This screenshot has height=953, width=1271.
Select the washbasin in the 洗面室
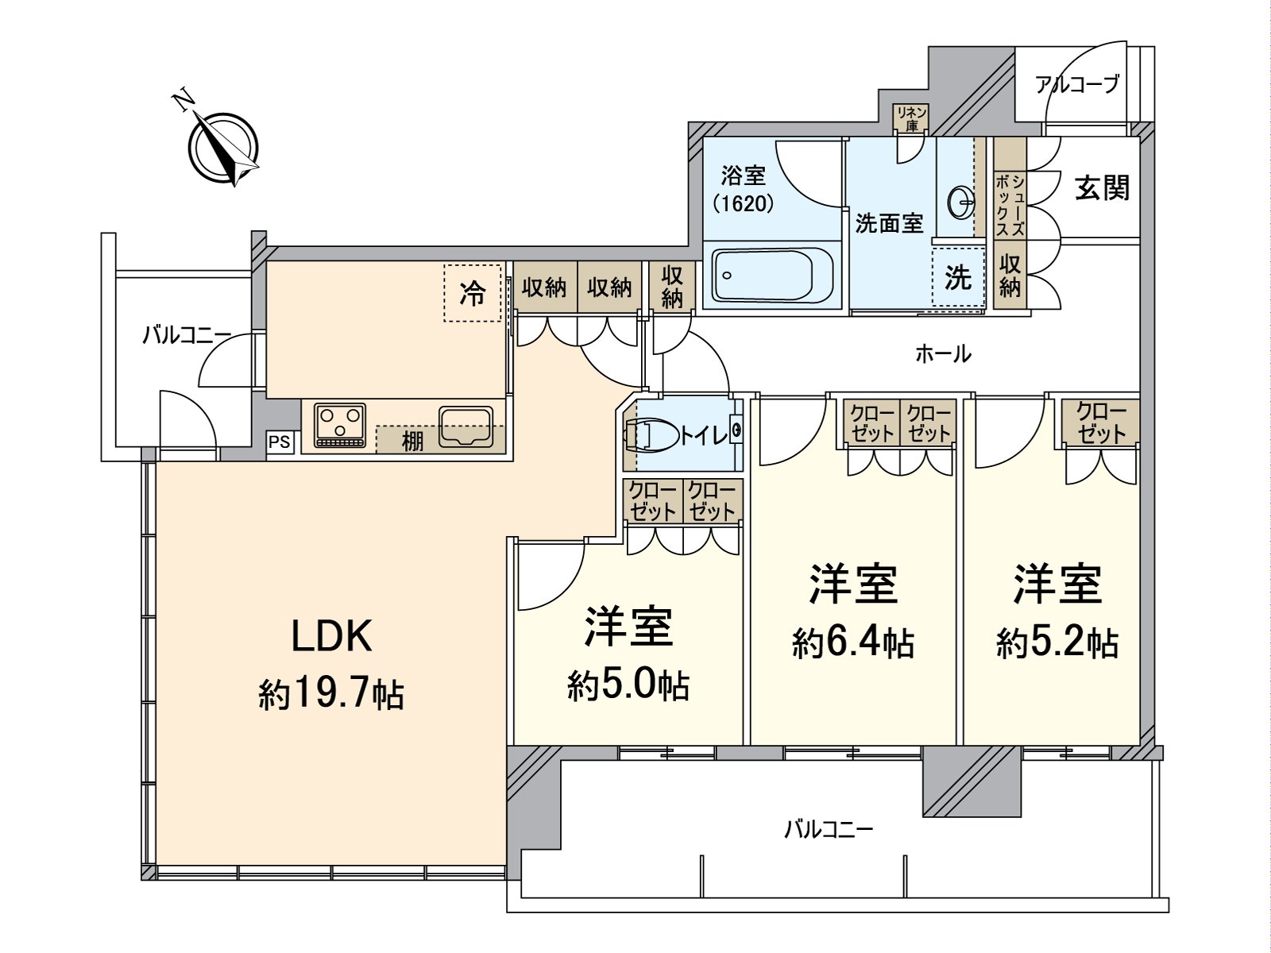coord(962,202)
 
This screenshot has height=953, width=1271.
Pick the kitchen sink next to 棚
coord(466,426)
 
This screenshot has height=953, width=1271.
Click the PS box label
coord(280,442)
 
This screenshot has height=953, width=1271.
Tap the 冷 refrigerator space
coord(473,293)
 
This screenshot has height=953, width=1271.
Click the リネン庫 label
coord(912,118)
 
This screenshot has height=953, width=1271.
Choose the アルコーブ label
coord(1078,85)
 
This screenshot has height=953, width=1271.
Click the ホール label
coord(943,353)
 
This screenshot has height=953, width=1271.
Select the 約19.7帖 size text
coord(331,694)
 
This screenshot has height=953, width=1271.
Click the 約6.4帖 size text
coord(853,643)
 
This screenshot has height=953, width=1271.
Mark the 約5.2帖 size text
coord(1057,643)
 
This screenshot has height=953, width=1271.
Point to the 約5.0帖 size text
coord(628,686)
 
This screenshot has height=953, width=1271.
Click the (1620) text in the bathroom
coord(744,203)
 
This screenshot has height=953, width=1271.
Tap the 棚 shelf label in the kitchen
coord(412,442)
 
